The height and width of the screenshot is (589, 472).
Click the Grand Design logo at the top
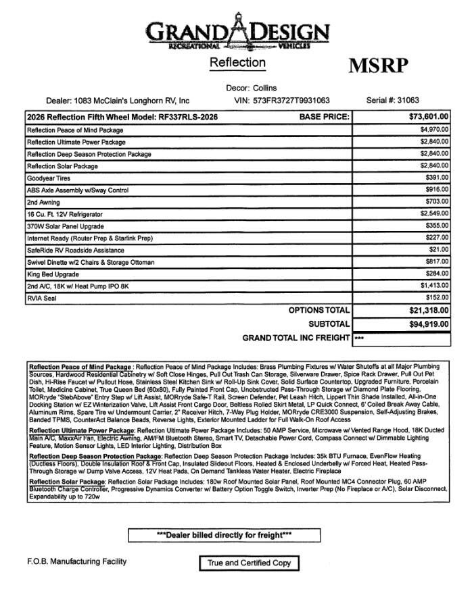[237, 30]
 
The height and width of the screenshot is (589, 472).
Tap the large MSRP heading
[379, 66]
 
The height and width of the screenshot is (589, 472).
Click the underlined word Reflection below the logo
[237, 63]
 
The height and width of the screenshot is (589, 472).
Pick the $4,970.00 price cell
[434, 130]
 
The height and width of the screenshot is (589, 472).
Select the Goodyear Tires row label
[49, 178]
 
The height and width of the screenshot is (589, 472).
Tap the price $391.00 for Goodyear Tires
[437, 178]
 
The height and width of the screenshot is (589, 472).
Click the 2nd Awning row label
[43, 202]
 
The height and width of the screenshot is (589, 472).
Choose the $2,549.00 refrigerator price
[434, 214]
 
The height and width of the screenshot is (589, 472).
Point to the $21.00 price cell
[439, 250]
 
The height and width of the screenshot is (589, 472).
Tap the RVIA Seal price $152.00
[437, 298]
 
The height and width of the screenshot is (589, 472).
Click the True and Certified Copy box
[249, 563]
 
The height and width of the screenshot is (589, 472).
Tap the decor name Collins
[264, 88]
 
